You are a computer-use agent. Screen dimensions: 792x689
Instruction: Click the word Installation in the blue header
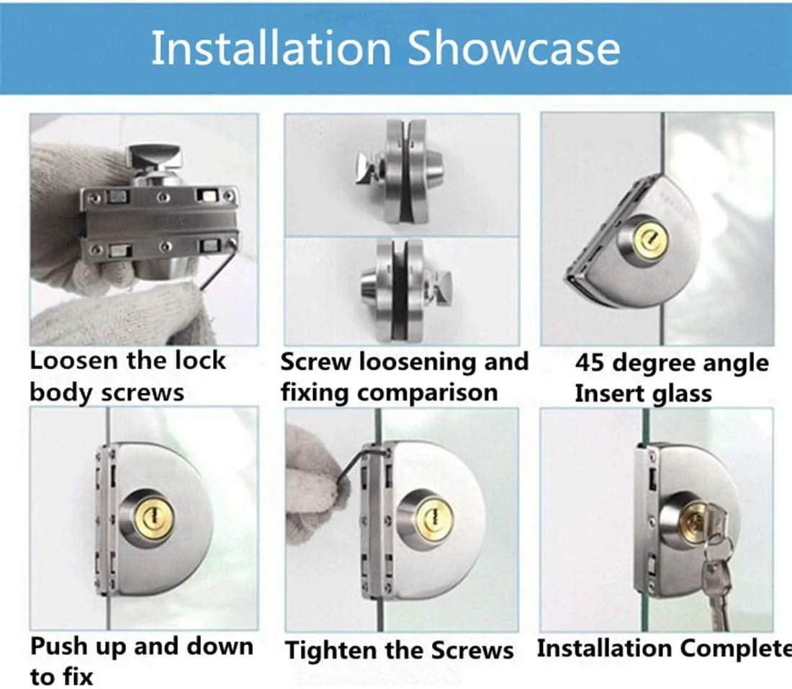[x=271, y=48]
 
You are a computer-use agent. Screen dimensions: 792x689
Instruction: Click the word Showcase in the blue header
[x=514, y=48]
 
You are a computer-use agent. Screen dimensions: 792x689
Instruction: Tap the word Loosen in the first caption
[x=73, y=360]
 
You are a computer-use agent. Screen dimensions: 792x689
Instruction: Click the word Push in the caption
[x=58, y=646]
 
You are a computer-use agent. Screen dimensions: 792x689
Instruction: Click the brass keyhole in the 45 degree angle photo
[x=652, y=239]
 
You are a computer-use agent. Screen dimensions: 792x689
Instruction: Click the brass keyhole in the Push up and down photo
[x=153, y=519]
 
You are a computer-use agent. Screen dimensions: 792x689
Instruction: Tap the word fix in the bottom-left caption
[x=76, y=677]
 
